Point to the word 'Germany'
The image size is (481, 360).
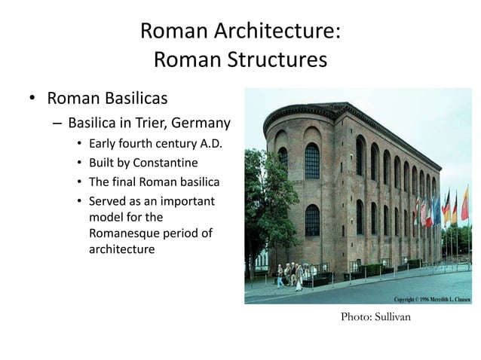(201, 123)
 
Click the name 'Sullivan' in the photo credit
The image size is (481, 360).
(394, 317)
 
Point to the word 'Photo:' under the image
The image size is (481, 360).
(357, 317)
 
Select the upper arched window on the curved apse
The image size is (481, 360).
(311, 159)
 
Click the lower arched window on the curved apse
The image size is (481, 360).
(311, 219)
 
